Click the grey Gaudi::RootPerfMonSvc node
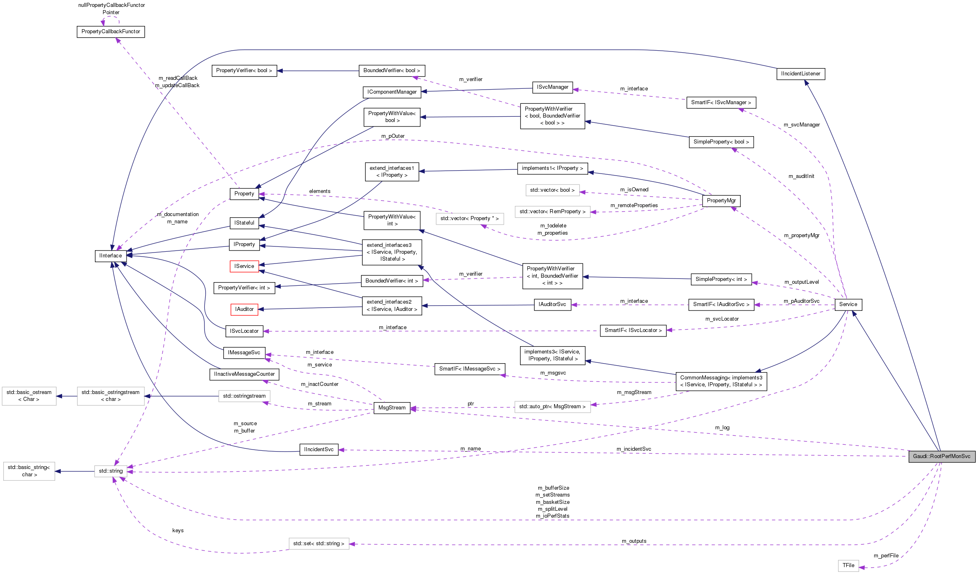click(941, 456)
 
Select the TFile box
click(848, 565)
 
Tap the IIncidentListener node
click(800, 74)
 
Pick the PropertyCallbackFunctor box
click(111, 32)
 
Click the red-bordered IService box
click(244, 266)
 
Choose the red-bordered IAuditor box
click(244, 309)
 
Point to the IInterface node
click(110, 256)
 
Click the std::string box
click(111, 471)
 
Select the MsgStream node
click(391, 408)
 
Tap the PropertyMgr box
click(721, 201)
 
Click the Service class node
click(848, 304)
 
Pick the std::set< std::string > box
click(318, 544)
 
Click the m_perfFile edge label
click(886, 556)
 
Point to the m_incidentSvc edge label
click(634, 449)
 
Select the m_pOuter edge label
click(393, 136)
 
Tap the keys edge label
click(178, 531)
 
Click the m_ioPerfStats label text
click(552, 516)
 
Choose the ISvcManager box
click(552, 87)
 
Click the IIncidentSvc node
click(318, 450)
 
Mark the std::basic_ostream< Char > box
click(29, 396)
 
